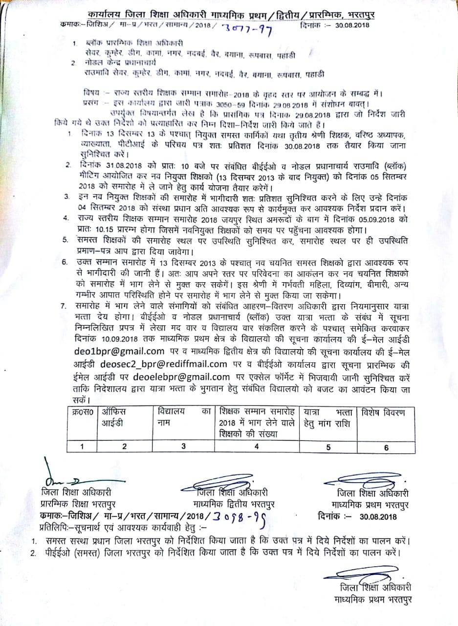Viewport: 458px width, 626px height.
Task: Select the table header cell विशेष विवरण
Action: coord(383,413)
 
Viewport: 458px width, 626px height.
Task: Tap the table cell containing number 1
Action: coord(82,446)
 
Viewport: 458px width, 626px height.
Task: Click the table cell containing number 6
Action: coord(386,446)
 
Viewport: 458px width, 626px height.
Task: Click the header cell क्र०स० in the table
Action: coord(82,413)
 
